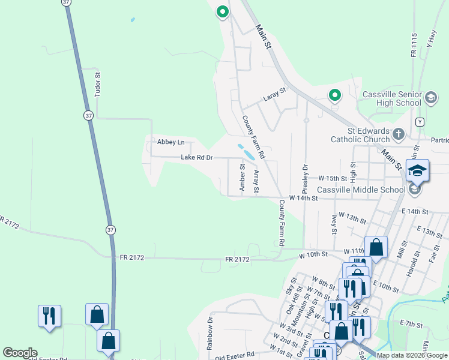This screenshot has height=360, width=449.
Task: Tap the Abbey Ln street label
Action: tap(170, 142)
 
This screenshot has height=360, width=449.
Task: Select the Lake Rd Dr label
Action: tap(197, 158)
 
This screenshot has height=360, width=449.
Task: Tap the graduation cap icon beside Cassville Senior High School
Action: tap(430, 98)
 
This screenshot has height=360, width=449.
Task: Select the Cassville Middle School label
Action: tap(361, 190)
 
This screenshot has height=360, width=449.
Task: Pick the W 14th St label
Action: tap(303, 197)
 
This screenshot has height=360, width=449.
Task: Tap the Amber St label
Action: tap(243, 178)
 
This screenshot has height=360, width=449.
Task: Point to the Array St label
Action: tap(256, 182)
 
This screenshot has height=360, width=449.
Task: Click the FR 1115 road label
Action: tap(414, 45)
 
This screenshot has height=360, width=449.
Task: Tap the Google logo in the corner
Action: tap(20, 353)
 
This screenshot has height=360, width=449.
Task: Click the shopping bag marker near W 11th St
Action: tap(376, 247)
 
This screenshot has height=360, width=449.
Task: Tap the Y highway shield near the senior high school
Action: tap(420, 122)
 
